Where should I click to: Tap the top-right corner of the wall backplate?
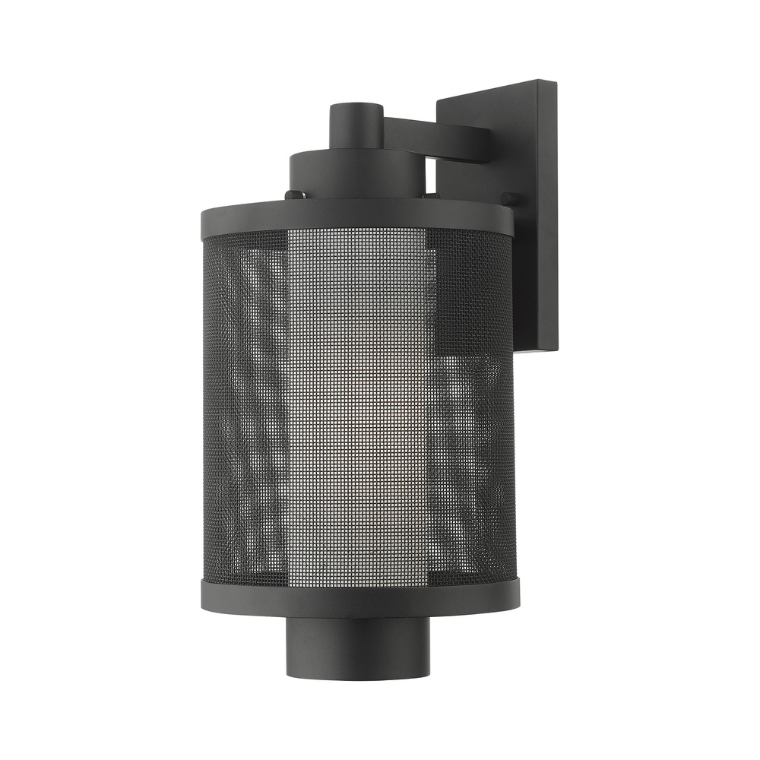(556, 82)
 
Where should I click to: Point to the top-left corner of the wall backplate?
(439, 100)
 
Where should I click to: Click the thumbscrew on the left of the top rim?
(291, 195)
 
